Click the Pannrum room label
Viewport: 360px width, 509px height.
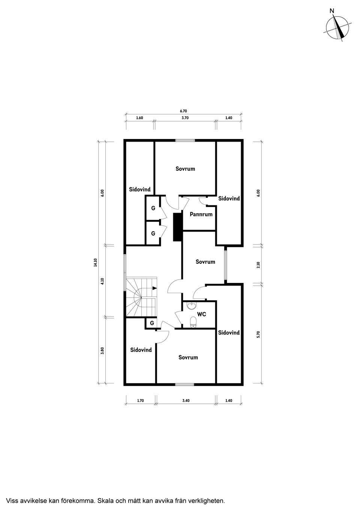coord(201,214)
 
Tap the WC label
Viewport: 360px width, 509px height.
coord(202,314)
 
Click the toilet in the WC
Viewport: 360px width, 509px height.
coord(193,322)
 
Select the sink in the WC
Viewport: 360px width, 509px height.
coord(192,305)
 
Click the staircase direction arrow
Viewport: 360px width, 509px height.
coord(154,288)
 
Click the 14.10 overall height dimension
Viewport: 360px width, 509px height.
coord(96,262)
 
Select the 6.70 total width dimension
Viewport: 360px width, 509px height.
coord(183,111)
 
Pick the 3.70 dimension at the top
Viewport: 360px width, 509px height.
coord(185,118)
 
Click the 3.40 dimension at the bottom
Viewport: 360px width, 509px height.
coord(186,401)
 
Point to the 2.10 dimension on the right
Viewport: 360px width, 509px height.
coord(258,265)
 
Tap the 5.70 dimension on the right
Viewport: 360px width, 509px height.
coord(258,334)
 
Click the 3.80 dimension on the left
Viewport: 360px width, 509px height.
coord(102,351)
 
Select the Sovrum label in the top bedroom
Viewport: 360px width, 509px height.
coord(185,169)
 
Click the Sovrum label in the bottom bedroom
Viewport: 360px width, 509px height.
coord(188,357)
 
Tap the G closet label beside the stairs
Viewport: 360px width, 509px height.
coord(152,323)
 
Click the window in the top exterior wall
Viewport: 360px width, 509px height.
coord(185,141)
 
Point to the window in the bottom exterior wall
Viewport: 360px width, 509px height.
coord(184,384)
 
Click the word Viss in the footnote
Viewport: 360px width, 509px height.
coord(12,500)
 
